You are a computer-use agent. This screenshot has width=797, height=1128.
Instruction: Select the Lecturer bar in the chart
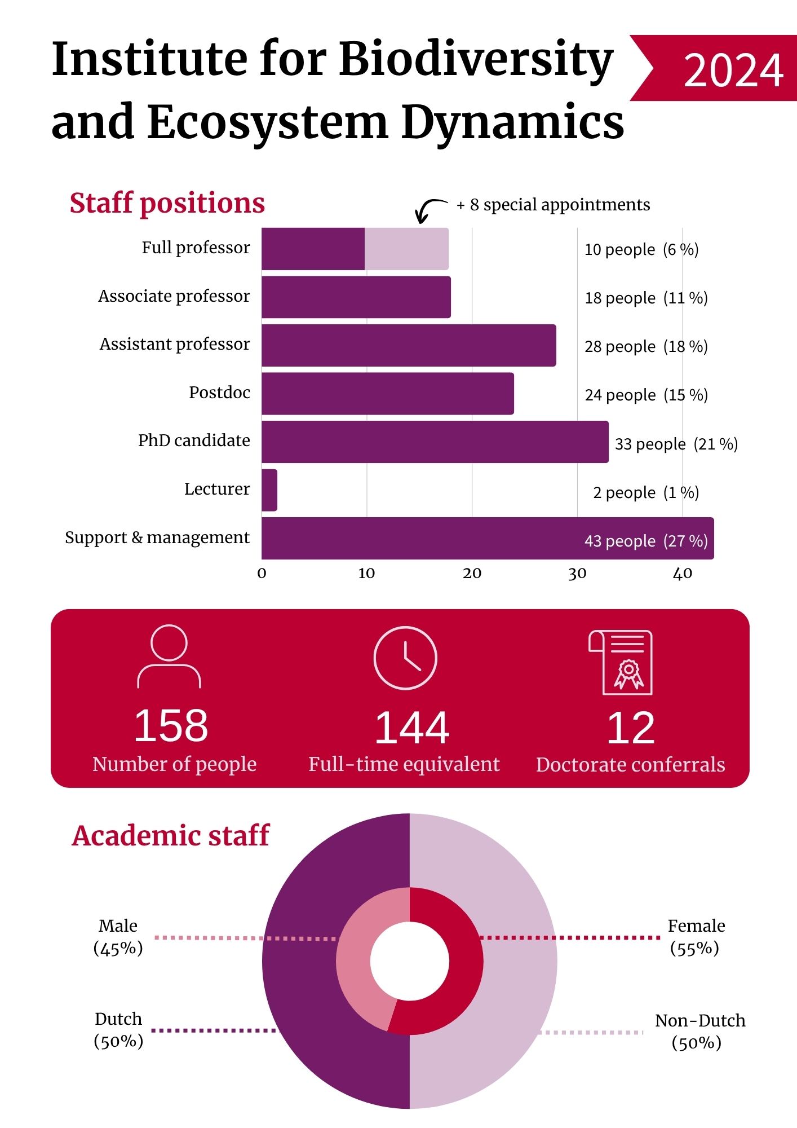tap(269, 490)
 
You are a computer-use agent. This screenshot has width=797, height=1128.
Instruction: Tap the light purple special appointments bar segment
tap(406, 249)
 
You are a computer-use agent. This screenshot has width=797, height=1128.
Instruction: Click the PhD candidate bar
tap(435, 442)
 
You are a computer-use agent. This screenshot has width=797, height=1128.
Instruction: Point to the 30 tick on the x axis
tap(577, 574)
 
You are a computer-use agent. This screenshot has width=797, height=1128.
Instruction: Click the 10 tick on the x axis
tap(366, 574)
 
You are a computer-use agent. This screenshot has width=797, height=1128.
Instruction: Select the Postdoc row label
tap(219, 393)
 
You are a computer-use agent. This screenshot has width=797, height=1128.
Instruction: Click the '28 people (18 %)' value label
tap(646, 346)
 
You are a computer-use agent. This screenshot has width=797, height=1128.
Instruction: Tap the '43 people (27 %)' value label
tap(646, 541)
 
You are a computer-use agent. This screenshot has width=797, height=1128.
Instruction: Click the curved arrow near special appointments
tap(430, 210)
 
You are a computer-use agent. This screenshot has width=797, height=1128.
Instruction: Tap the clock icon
tap(405, 658)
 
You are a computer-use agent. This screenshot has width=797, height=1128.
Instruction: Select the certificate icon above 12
tap(621, 662)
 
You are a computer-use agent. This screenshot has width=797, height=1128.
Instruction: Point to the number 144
tap(412, 728)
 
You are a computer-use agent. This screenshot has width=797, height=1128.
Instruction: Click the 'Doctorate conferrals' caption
tap(630, 765)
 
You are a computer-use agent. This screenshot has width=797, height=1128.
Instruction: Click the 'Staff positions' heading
tap(167, 203)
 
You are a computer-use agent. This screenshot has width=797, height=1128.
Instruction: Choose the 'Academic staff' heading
tap(171, 836)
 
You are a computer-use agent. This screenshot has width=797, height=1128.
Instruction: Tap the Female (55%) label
tap(696, 936)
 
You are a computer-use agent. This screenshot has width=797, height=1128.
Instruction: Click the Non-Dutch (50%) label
tap(699, 1031)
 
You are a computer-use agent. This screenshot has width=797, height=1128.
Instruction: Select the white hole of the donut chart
tap(410, 961)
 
